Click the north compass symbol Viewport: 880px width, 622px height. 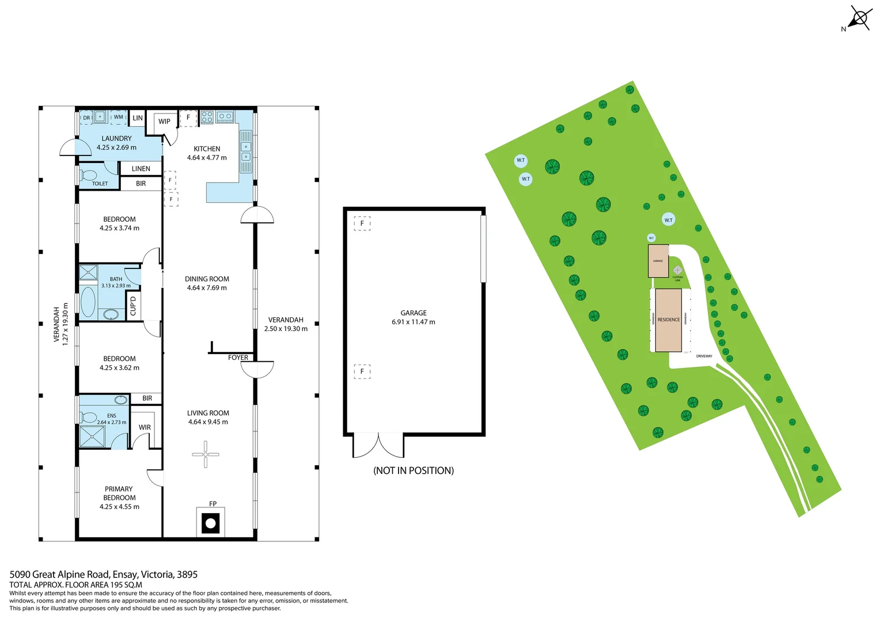click(x=859, y=18)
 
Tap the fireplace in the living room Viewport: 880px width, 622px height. click(x=211, y=523)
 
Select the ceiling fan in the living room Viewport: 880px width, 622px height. click(x=206, y=454)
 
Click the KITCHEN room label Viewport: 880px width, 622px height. click(x=207, y=149)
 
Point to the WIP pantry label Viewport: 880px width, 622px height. click(x=164, y=122)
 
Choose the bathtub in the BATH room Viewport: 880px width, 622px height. click(x=88, y=302)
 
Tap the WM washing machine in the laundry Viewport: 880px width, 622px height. click(x=119, y=117)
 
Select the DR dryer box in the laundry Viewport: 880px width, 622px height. click(x=86, y=117)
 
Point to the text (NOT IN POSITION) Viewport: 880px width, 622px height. click(x=414, y=471)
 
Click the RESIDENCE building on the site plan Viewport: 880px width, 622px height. click(x=669, y=320)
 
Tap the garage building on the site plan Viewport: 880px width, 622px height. click(x=658, y=261)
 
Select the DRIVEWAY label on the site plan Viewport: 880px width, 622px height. click(x=704, y=356)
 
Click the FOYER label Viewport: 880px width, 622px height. click(x=238, y=358)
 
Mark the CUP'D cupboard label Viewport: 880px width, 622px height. click(x=133, y=306)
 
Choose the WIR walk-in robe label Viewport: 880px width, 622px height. click(x=145, y=427)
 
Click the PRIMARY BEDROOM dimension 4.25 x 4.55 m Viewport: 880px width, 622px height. click(x=119, y=507)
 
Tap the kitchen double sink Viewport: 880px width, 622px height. click(x=246, y=151)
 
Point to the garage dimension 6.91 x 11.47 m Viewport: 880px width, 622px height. click(x=414, y=322)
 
